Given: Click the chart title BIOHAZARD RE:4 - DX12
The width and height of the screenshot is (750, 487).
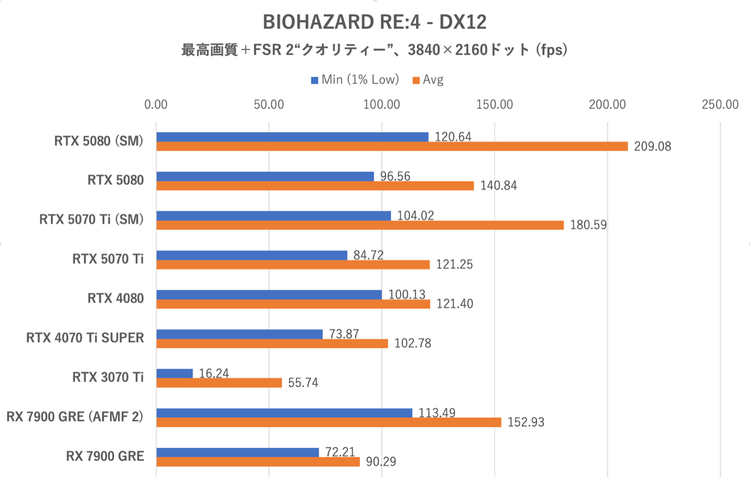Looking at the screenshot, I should pyautogui.click(x=375, y=22).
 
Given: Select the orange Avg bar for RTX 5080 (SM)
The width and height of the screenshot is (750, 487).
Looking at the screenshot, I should pyautogui.click(x=392, y=146).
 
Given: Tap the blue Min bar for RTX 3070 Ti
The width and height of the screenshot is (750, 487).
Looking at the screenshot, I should pyautogui.click(x=174, y=373).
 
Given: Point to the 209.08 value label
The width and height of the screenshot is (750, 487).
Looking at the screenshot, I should pyautogui.click(x=652, y=146).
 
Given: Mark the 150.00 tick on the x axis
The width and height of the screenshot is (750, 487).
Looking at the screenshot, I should pyautogui.click(x=494, y=105).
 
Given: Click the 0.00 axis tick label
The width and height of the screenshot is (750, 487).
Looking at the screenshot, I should pyautogui.click(x=156, y=105).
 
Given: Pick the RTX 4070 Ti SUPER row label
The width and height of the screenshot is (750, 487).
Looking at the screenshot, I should pyautogui.click(x=85, y=338).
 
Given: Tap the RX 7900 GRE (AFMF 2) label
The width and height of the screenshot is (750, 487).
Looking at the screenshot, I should pyautogui.click(x=75, y=416).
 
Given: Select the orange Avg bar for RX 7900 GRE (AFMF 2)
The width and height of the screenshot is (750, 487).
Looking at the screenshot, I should pyautogui.click(x=329, y=422).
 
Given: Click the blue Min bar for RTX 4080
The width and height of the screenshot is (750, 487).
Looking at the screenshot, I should pyautogui.click(x=269, y=294).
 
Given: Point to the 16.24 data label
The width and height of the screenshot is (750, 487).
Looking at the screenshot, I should pyautogui.click(x=214, y=373).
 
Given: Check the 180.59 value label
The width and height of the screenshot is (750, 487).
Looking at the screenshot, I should pyautogui.click(x=588, y=225).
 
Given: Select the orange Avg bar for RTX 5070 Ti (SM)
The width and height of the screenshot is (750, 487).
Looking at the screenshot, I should pyautogui.click(x=360, y=225).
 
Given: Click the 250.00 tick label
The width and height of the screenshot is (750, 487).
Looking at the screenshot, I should pyautogui.click(x=720, y=105).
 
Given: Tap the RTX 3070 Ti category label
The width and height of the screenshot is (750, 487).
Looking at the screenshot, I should pyautogui.click(x=108, y=377).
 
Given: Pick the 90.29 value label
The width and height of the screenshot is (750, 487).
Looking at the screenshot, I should pyautogui.click(x=381, y=462).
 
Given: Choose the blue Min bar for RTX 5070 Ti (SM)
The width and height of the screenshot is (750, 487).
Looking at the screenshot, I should pyautogui.click(x=273, y=216).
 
